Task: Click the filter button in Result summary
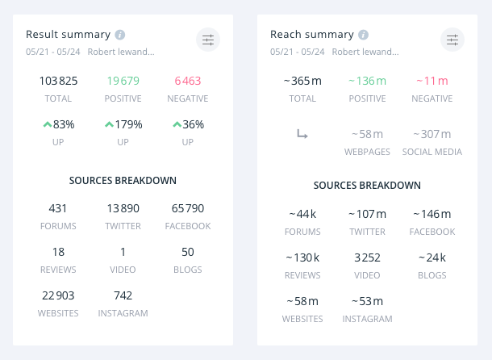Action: coord(208,40)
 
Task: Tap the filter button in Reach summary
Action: coord(452,40)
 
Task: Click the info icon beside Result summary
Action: coord(119,35)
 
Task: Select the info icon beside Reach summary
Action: coord(364,35)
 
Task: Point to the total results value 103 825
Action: coord(58,81)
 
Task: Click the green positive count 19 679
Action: coord(123,81)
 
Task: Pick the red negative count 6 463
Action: coord(187,81)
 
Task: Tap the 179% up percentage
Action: coord(123,124)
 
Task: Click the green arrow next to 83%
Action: coord(47,124)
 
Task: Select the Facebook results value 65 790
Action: coord(187,208)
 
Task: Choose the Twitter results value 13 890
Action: coord(123,208)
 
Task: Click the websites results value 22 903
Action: coord(58,295)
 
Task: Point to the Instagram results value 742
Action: coord(123,295)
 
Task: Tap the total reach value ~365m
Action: coord(302,81)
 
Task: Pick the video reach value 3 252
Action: coord(367,257)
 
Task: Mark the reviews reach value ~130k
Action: coord(302,257)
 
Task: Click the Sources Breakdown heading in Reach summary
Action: coord(367,185)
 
